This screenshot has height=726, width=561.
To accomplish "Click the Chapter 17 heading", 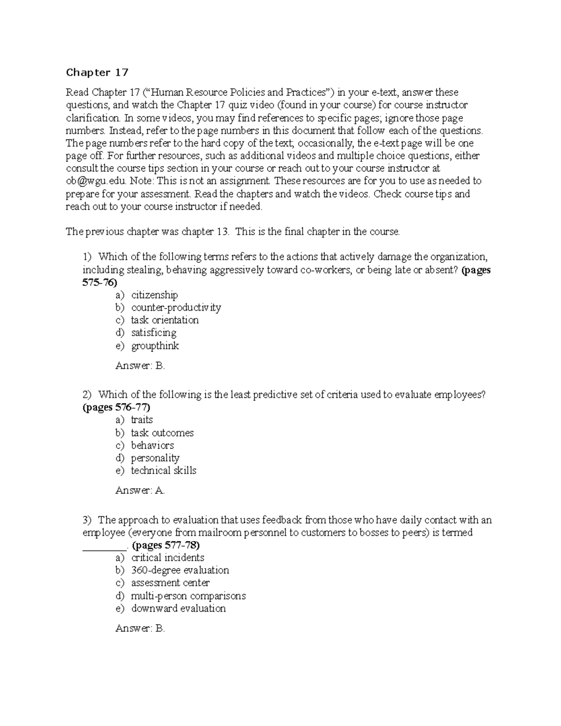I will (x=97, y=72).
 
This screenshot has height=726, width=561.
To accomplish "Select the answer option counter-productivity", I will (x=176, y=308).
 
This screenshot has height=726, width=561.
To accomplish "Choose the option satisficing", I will (x=153, y=333).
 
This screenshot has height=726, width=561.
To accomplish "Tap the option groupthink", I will (x=155, y=346).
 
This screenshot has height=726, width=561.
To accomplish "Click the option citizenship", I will (x=154, y=295).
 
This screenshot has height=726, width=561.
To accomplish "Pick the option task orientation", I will (x=165, y=320).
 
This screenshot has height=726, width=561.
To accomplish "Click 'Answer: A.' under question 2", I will (x=140, y=490).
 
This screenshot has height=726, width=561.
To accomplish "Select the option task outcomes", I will (x=162, y=433).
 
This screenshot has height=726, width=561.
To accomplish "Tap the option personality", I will (x=155, y=458).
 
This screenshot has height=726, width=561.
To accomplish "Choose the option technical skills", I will (x=163, y=471).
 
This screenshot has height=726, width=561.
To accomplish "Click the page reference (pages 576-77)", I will (x=116, y=407).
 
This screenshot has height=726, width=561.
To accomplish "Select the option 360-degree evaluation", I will (x=180, y=570).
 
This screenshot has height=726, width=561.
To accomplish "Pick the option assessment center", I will (x=170, y=583).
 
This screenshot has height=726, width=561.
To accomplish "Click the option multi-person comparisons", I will (x=188, y=596).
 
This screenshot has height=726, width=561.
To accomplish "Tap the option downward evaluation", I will (x=178, y=609).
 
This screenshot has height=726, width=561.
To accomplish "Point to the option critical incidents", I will (x=167, y=558).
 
